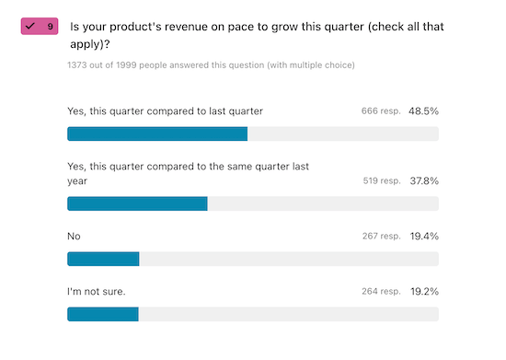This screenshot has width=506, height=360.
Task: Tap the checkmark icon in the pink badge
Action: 31,27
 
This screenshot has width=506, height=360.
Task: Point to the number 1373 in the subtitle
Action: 80,65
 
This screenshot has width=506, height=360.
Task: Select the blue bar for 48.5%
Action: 157,134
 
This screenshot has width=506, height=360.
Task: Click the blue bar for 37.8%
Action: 137,203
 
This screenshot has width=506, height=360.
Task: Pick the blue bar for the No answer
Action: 103,259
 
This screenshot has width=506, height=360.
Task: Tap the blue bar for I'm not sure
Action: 103,314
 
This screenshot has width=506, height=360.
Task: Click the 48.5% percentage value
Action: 423,111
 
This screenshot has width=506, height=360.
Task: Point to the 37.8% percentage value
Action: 423,181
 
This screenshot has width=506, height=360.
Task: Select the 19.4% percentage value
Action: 423,237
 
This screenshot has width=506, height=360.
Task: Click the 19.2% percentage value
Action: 423,292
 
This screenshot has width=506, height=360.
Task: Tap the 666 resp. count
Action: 380,111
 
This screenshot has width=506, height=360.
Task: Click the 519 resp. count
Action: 380,181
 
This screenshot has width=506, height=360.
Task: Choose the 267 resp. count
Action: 380,237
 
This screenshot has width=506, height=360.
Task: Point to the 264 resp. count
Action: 380,292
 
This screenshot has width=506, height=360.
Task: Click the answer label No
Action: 75,237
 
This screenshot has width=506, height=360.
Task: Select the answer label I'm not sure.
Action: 97,292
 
